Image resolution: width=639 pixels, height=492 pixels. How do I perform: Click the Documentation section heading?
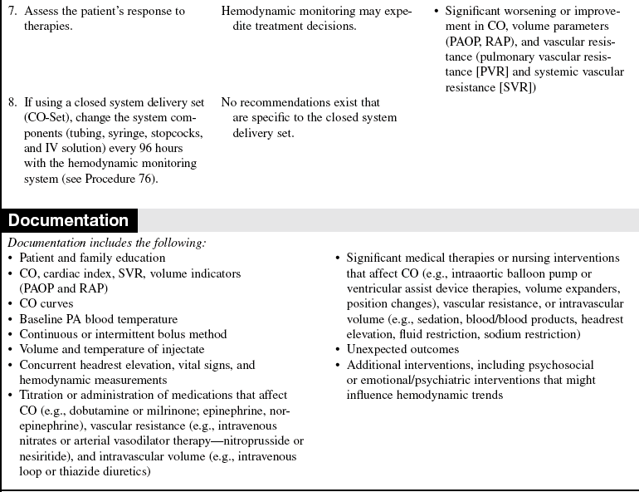[x=69, y=220]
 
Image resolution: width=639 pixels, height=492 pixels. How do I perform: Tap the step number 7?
[x=12, y=12]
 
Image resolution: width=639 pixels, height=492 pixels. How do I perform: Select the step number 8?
[x=12, y=102]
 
